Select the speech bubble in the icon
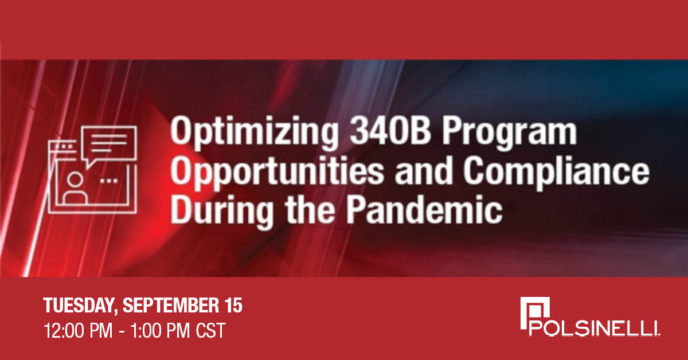[108, 142]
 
